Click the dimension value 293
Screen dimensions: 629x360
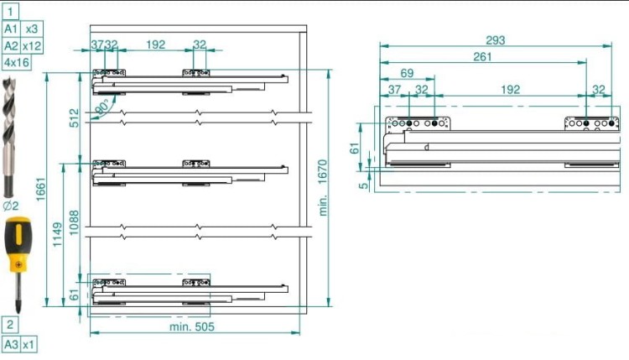pos(496,40)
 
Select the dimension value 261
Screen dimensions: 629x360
pos(482,56)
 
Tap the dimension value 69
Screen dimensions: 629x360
pos(407,73)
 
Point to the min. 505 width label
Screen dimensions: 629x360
pos(192,326)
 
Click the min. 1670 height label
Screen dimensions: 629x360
pos(323,188)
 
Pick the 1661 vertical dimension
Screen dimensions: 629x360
pos(40,189)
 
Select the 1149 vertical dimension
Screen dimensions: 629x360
pos(57,234)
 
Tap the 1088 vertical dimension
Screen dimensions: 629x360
pos(74,222)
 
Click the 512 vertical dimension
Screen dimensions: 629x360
pos(74,118)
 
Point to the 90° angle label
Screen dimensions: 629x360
pos(102,107)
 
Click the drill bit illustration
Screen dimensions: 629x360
pos(9,138)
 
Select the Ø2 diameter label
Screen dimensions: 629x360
pos(11,206)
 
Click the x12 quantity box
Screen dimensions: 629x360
pos(31,46)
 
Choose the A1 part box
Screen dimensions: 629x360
pos(11,29)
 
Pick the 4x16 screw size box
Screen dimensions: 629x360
pos(17,63)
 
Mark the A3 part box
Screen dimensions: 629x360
pos(11,345)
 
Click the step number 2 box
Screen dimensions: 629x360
pos(10,325)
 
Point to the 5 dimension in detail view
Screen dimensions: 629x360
pos(364,185)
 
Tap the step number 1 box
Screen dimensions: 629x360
pos(10,12)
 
